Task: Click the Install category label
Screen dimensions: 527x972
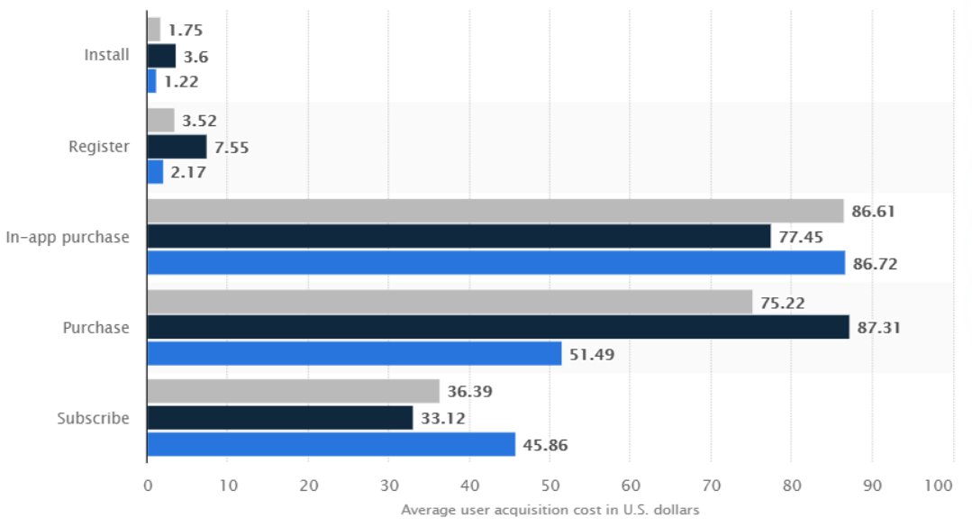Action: (x=106, y=55)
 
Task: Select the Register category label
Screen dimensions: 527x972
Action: (x=99, y=146)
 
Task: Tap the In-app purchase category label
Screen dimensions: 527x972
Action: (x=68, y=237)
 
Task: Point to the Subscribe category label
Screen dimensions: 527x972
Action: (x=93, y=418)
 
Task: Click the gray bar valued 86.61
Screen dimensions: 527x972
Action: (x=495, y=211)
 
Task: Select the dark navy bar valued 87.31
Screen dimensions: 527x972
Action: (x=497, y=327)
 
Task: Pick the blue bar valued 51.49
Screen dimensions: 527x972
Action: (x=354, y=353)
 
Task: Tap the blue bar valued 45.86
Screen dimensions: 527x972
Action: (x=331, y=444)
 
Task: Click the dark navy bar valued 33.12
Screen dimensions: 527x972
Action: (x=279, y=418)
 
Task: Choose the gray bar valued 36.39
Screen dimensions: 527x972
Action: (x=293, y=391)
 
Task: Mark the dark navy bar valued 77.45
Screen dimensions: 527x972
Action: (x=459, y=237)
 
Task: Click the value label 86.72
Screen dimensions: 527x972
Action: (x=875, y=263)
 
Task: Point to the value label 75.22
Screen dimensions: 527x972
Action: (x=782, y=302)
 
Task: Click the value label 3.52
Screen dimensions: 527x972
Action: (x=199, y=121)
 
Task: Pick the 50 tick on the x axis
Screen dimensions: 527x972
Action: (x=550, y=486)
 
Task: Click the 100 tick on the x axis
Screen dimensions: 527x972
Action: (x=938, y=486)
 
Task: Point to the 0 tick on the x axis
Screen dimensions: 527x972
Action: (x=148, y=486)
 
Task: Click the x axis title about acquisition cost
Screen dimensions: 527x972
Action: (x=550, y=510)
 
